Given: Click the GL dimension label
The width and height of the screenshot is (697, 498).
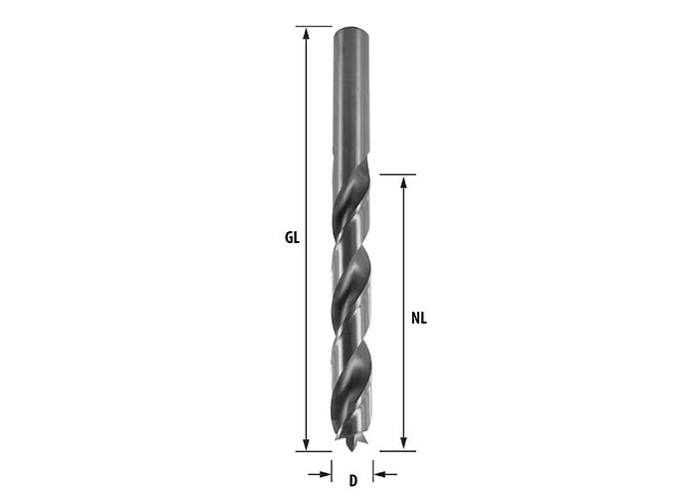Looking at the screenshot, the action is point(292,238).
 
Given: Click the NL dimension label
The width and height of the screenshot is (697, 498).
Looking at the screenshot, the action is point(419,319).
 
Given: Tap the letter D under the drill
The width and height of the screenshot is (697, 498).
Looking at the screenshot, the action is point(352,481).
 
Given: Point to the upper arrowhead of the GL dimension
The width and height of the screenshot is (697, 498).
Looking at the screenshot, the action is point(306,33).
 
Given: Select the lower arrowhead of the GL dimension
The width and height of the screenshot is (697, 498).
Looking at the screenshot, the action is point(306,444).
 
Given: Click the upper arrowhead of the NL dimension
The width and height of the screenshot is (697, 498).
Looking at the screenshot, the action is point(403,181).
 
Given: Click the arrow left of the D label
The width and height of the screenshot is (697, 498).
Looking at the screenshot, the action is point(320,474).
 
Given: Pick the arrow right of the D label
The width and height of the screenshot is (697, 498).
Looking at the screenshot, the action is point(385,474).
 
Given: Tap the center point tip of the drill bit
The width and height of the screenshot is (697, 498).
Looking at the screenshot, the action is point(351,449).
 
